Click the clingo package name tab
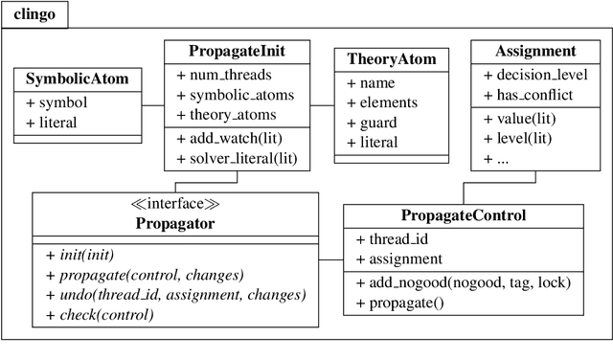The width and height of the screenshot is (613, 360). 34,13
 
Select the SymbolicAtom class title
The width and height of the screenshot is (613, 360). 78,78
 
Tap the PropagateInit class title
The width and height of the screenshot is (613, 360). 237,50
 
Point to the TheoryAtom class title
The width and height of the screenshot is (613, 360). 391,59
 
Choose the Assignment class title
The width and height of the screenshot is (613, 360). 535,50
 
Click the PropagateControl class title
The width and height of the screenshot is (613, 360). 464,215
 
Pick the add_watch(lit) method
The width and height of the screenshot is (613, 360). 228,138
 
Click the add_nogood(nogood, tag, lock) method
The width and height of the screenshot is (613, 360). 457,282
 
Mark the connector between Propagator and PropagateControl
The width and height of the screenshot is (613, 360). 330,259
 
